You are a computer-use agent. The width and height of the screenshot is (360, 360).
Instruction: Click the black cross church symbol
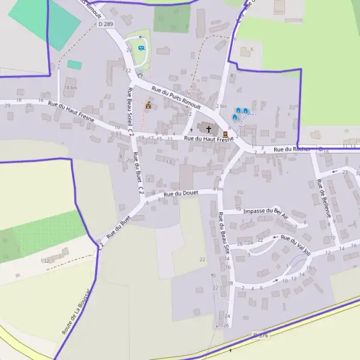pos(209,128)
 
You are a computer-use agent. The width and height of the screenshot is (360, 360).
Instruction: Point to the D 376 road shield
pos(260,335)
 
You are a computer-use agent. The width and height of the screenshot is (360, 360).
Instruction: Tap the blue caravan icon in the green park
pos(142,47)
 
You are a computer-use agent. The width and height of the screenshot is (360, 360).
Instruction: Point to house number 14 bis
pos(71,88)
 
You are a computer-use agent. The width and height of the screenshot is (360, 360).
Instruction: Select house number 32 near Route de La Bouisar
pos(46,261)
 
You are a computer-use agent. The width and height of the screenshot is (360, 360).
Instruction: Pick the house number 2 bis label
pos(221,106)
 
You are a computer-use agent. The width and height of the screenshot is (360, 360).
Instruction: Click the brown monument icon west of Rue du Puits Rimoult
pos(148,106)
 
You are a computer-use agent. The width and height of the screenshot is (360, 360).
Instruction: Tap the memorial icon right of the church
pos(225,133)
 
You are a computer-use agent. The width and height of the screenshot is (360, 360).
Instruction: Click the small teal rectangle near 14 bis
pos(74,64)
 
